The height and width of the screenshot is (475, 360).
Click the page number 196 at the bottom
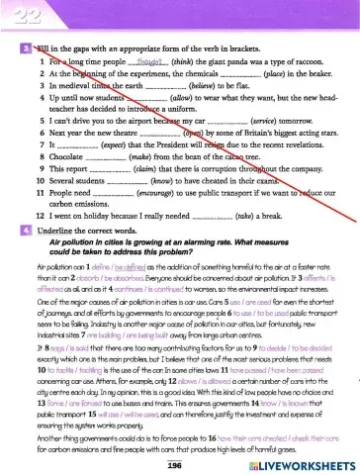(178, 463)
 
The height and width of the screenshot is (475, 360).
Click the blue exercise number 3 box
(25, 48)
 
